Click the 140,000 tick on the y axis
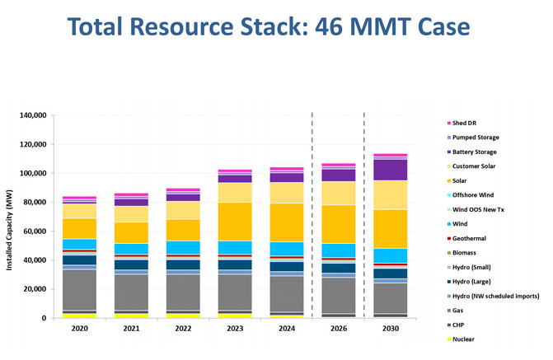coord(31,115)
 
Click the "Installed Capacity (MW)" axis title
coord(11,217)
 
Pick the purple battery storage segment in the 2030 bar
coord(389,170)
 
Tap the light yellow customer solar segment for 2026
coord(338,193)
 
